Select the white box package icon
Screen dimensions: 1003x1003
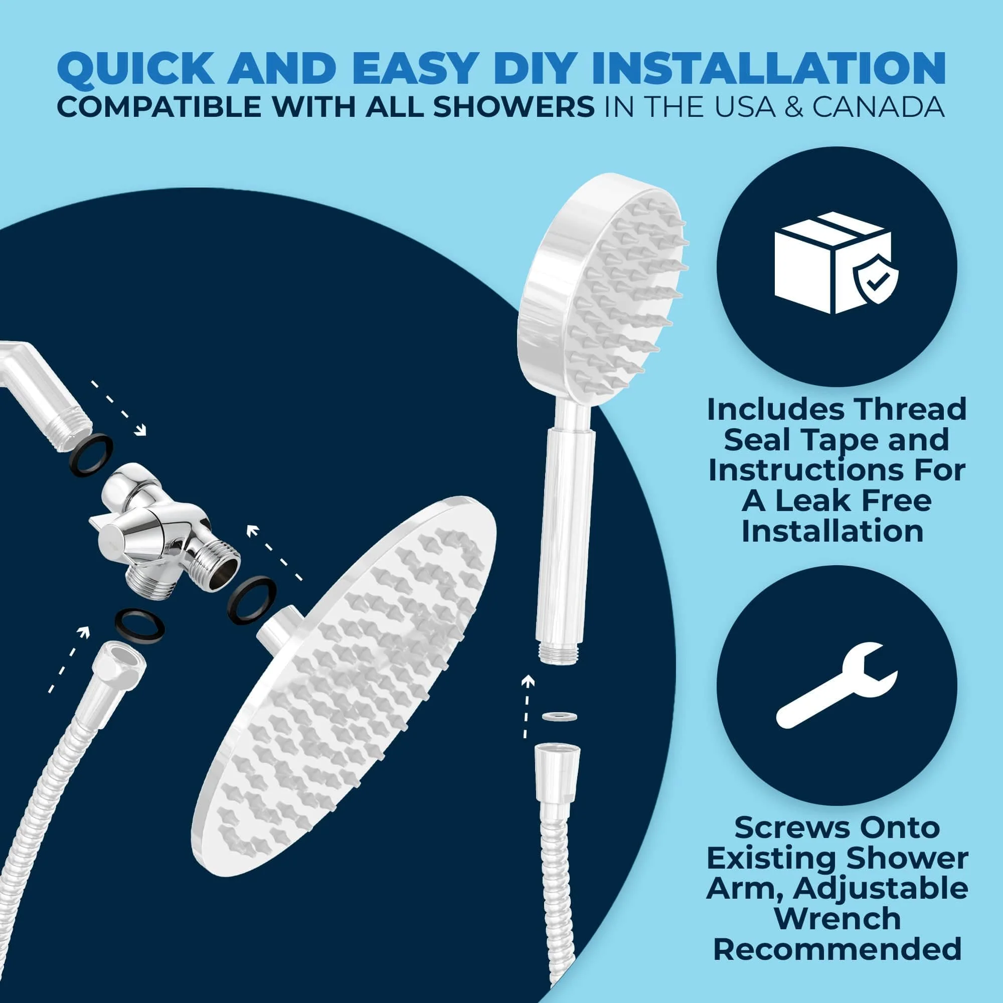[833, 272]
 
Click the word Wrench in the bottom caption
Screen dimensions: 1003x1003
[837, 918]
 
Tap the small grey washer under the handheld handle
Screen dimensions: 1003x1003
[559, 717]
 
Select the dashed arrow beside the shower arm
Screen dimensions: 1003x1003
[119, 408]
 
